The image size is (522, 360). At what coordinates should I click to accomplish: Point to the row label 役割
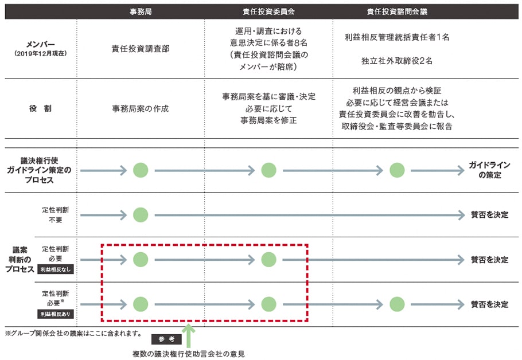coord(41,108)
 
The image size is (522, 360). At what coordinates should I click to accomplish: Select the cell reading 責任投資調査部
coord(141,49)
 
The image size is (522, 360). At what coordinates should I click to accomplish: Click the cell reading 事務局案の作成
coord(141,108)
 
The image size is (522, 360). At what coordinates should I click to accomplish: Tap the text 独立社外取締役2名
coord(397,61)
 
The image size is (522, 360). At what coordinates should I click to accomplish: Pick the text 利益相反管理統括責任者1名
coord(397,37)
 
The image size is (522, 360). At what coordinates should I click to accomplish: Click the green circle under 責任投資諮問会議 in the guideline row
coord(397,170)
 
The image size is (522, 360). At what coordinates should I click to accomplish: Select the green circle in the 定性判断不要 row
coord(141,215)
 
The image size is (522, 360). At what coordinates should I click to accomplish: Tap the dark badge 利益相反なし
coord(56,269)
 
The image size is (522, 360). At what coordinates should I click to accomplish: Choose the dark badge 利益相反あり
coord(56,314)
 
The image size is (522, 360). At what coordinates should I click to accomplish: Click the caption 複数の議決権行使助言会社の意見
coord(189,354)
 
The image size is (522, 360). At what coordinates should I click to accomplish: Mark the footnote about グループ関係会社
coord(73,333)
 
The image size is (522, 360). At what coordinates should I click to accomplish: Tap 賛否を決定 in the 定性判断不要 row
coord(489,215)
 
